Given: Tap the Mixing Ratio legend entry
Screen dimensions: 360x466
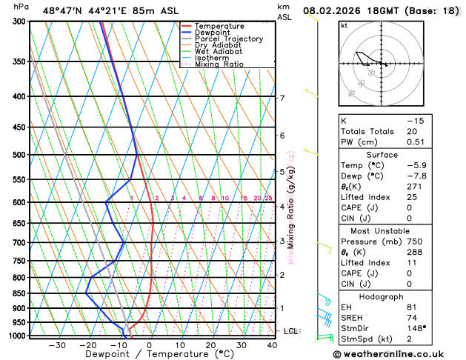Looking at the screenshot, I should (x=219, y=64).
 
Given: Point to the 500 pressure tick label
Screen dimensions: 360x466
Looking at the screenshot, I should (x=19, y=155).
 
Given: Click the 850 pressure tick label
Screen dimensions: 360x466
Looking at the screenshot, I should (x=19, y=293).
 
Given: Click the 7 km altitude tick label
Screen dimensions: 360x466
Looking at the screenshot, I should (x=282, y=98).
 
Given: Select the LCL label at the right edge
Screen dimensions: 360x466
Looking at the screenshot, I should (x=290, y=331).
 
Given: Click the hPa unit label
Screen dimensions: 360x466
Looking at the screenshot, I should (x=21, y=7).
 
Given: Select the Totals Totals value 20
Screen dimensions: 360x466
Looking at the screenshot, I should (x=412, y=131).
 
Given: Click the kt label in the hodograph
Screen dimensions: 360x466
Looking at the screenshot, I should (x=344, y=26).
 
